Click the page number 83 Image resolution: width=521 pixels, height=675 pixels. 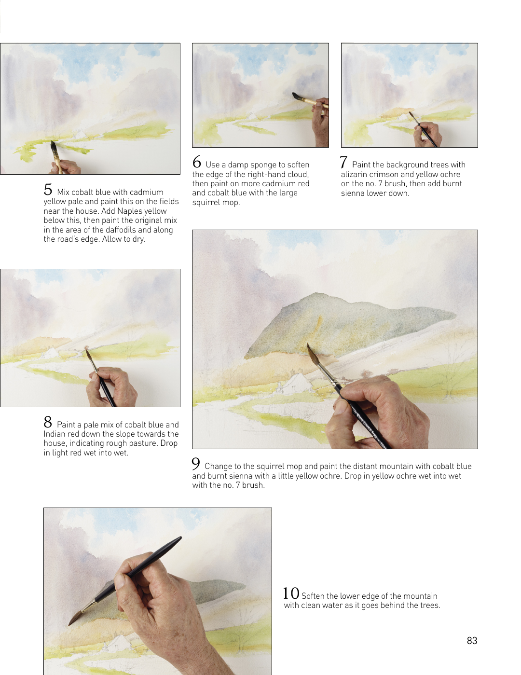[472, 641]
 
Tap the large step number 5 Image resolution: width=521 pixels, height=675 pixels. [48, 189]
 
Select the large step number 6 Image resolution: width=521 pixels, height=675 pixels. [197, 162]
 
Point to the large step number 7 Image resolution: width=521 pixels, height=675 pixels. [343, 162]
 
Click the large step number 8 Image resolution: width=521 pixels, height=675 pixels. [48, 422]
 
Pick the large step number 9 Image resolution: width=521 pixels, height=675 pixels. [195, 464]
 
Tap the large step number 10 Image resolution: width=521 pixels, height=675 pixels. [291, 593]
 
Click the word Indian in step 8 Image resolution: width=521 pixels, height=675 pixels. [55, 434]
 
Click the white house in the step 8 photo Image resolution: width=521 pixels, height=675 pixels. [51, 353]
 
